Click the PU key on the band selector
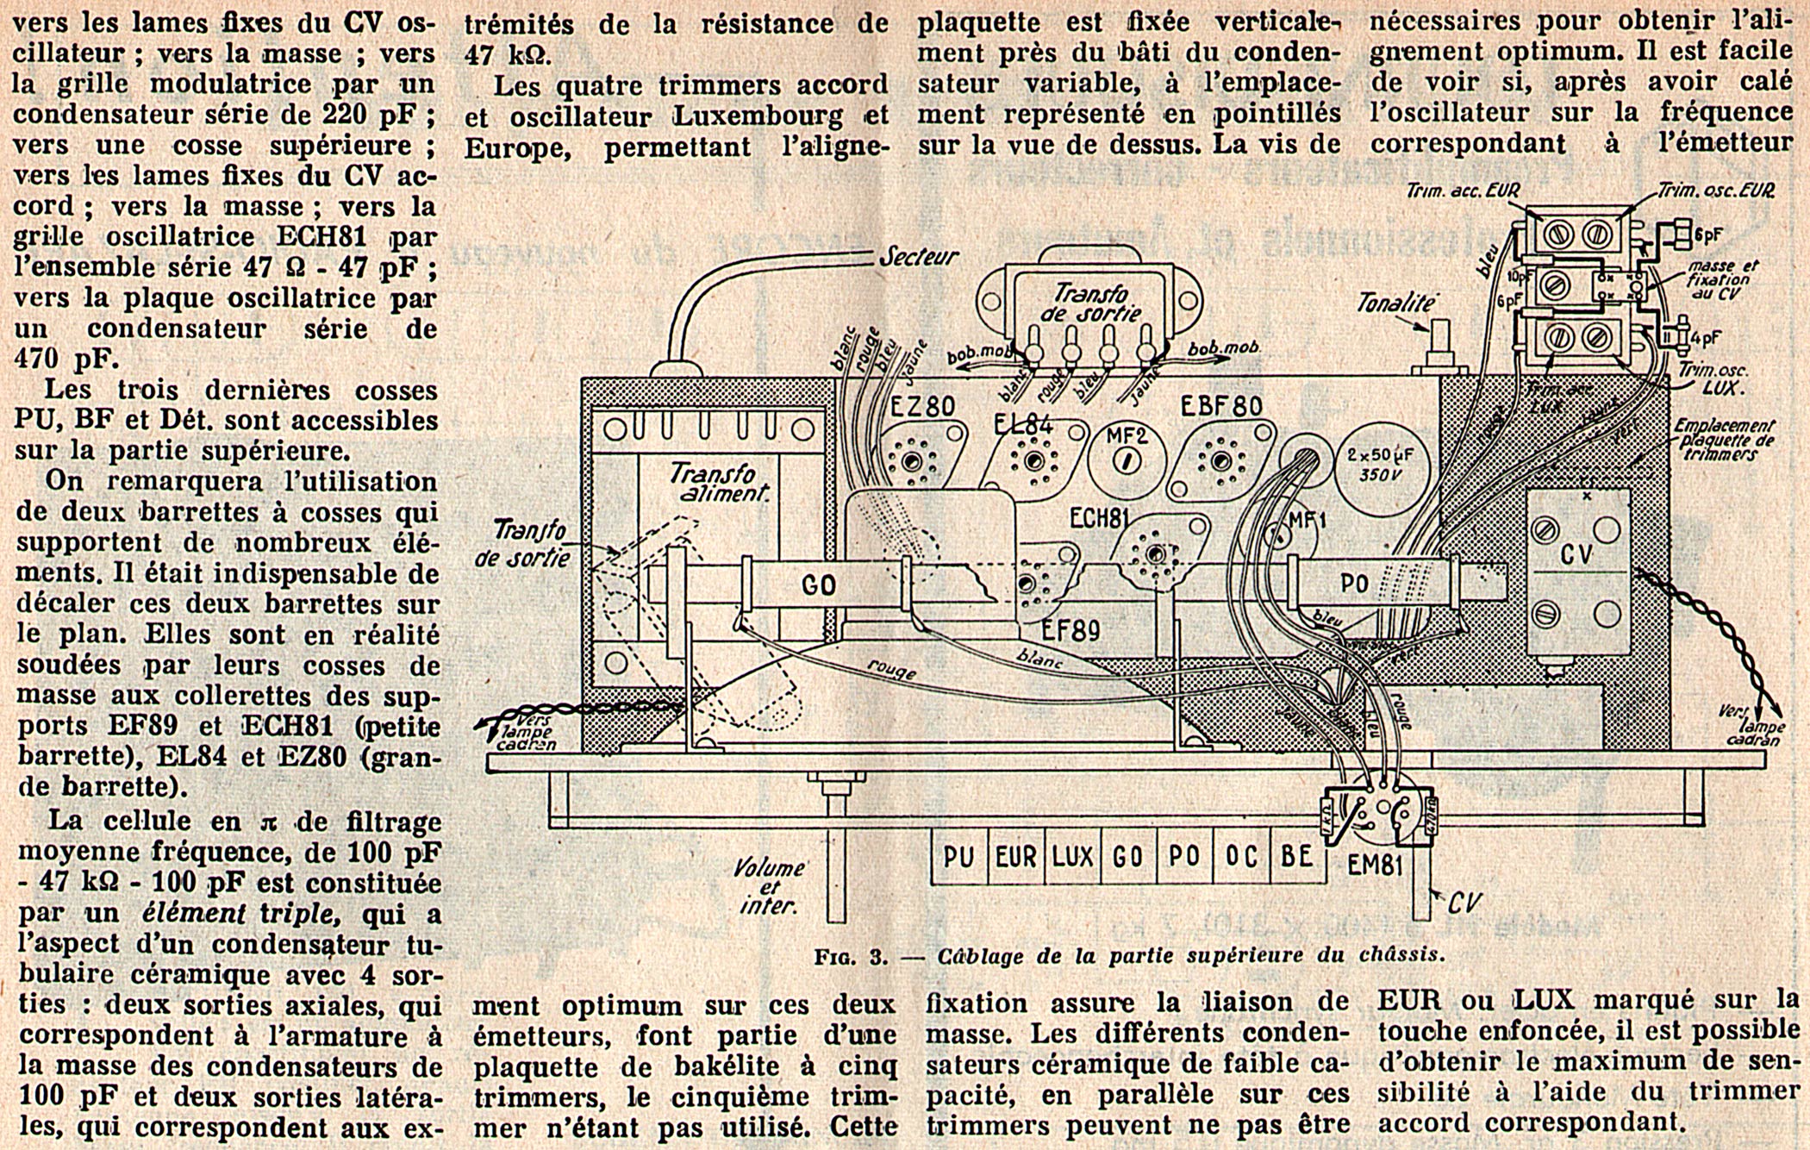(x=958, y=857)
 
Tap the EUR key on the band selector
(x=1016, y=857)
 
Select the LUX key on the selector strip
(x=1072, y=857)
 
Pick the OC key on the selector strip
(x=1240, y=857)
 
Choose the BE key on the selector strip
(x=1296, y=857)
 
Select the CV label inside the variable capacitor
(x=1576, y=554)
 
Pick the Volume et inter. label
(x=770, y=886)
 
